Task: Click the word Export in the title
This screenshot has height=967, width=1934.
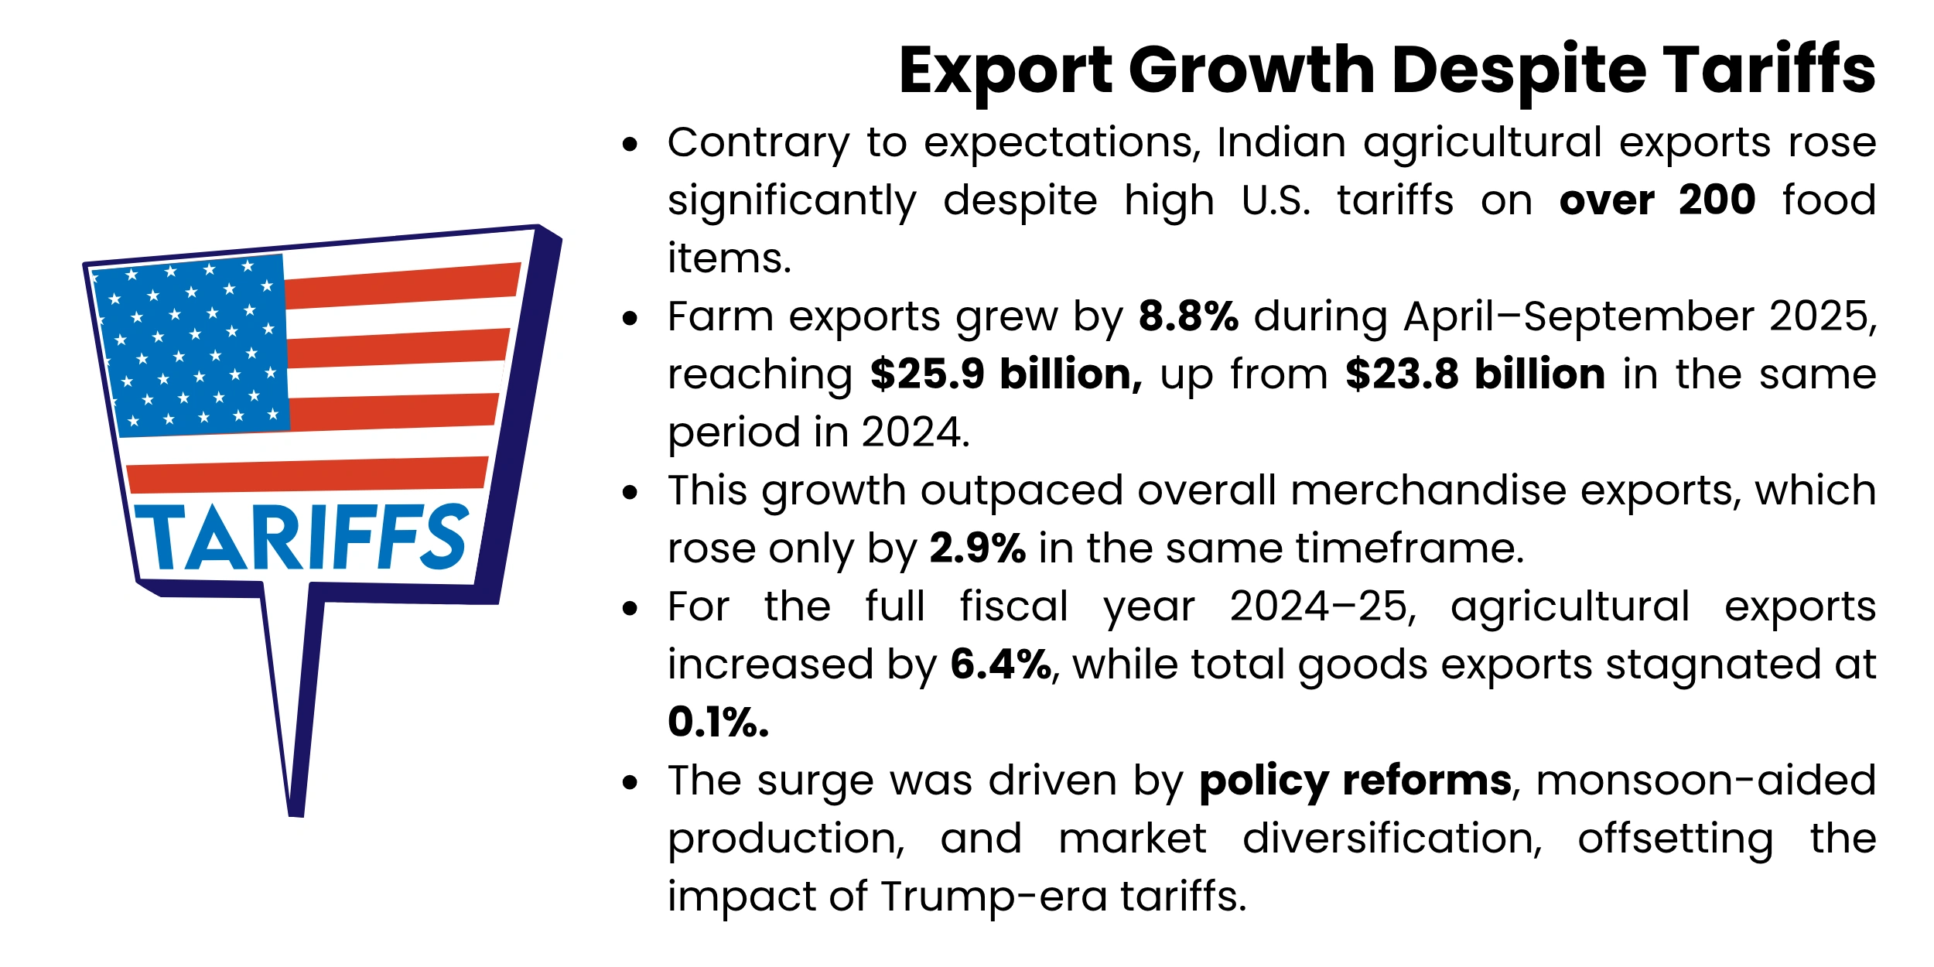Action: [x=1005, y=71]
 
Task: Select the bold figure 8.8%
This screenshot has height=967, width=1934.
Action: [x=1188, y=317]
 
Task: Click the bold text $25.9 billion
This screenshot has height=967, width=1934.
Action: [x=1006, y=375]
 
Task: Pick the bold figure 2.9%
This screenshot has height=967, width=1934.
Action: [x=977, y=549]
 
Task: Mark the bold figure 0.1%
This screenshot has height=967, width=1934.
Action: [x=718, y=723]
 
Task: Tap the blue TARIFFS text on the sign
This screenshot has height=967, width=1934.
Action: [x=302, y=538]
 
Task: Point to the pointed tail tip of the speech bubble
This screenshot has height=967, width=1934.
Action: [x=296, y=812]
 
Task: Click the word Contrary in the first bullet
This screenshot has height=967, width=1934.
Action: [x=758, y=144]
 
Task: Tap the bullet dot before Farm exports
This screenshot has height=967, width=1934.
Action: [x=630, y=318]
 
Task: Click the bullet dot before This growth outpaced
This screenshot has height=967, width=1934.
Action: [x=630, y=492]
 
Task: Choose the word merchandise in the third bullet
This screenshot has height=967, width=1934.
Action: [x=1427, y=491]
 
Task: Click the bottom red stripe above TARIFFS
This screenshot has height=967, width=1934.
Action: [x=306, y=475]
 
